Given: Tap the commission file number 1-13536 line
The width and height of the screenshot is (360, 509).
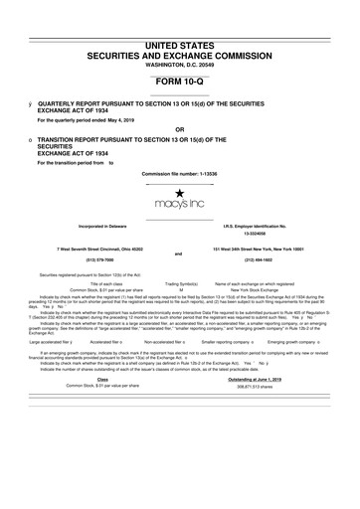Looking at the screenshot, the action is point(179,172).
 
